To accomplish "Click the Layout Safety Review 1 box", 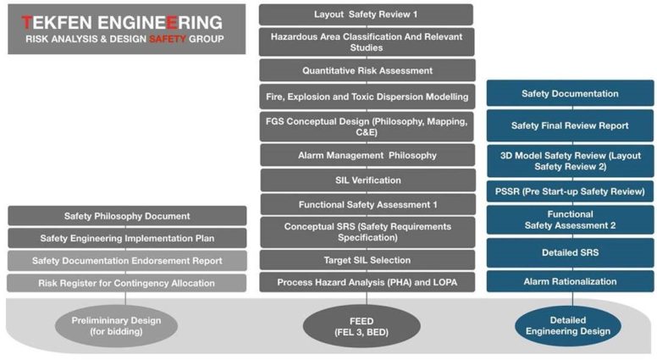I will pyautogui.click(x=366, y=14).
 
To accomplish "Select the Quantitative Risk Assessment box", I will pyautogui.click(x=366, y=70).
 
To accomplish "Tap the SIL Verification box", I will pyautogui.click(x=366, y=180).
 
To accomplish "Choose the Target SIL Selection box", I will pyautogui.click(x=366, y=260).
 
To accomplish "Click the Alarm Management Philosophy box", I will pyautogui.click(x=366, y=155).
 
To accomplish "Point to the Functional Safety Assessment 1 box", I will pyautogui.click(x=366, y=205).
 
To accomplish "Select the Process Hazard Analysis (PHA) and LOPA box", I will pyautogui.click(x=366, y=282).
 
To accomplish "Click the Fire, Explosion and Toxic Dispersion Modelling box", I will pyautogui.click(x=366, y=96).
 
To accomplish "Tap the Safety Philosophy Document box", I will pyautogui.click(x=127, y=216).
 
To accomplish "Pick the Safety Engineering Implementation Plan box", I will pyautogui.click(x=127, y=238).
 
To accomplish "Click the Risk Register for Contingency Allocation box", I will pyautogui.click(x=127, y=283).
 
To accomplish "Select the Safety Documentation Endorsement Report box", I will pyautogui.click(x=127, y=261).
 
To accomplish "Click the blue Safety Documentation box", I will pyautogui.click(x=570, y=94).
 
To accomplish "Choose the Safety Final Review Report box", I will pyautogui.click(x=570, y=125).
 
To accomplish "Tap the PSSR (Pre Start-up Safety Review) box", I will pyautogui.click(x=570, y=191).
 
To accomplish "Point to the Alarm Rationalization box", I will pyautogui.click(x=570, y=281).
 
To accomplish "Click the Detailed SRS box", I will pyautogui.click(x=570, y=252).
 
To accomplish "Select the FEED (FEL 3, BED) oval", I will pyautogui.click(x=367, y=325).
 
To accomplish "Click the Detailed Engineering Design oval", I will pyautogui.click(x=569, y=325).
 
